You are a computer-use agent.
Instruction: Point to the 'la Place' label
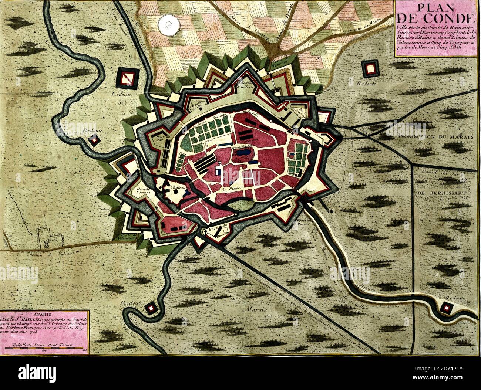[230, 189]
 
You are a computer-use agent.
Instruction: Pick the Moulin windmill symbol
[46, 243]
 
